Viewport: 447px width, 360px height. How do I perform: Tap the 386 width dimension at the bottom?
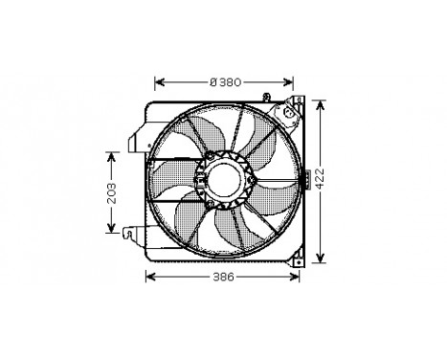(x=223, y=277)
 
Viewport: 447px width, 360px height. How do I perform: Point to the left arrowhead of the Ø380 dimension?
(x=159, y=82)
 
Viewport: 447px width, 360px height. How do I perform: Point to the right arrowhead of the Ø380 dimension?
(x=288, y=82)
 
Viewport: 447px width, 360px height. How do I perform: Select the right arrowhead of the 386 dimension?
(x=299, y=277)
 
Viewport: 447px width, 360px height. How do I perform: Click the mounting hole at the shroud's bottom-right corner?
(x=298, y=256)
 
